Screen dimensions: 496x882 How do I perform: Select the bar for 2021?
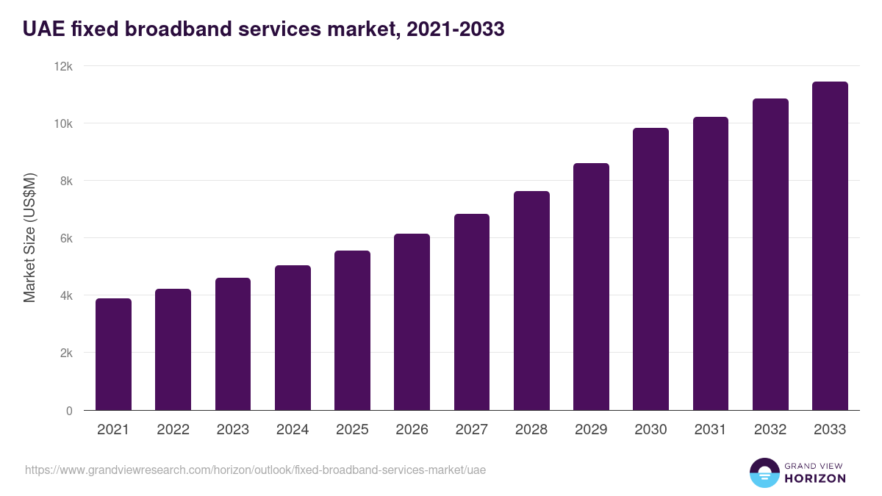(x=113, y=354)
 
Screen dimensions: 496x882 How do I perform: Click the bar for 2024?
(x=293, y=338)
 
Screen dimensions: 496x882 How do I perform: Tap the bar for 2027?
(x=472, y=312)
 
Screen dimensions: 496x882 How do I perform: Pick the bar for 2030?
(x=650, y=269)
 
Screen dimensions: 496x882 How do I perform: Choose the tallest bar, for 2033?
(x=830, y=246)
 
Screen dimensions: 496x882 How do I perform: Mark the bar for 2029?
(x=591, y=287)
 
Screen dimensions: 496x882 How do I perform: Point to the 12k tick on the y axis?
(x=65, y=66)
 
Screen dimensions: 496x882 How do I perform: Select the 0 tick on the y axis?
(x=69, y=411)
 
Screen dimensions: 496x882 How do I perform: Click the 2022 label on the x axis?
(x=173, y=430)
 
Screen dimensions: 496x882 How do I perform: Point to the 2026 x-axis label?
(x=412, y=430)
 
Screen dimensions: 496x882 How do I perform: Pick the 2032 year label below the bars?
(x=770, y=430)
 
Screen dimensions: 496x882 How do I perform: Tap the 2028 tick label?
(x=531, y=430)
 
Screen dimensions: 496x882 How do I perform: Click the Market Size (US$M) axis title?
(x=29, y=237)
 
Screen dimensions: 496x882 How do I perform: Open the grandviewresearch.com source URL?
(x=255, y=470)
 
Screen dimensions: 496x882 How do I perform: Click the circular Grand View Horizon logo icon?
(x=764, y=472)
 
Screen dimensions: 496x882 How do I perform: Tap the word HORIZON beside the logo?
(x=816, y=478)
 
